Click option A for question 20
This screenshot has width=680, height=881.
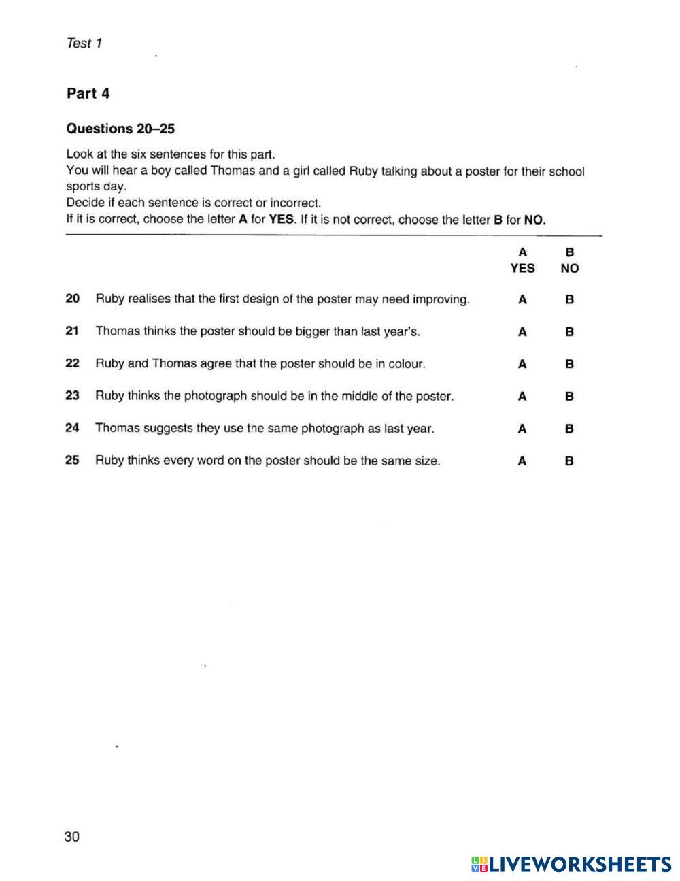(522, 299)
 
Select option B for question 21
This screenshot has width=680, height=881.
(569, 332)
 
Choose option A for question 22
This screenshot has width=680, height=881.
(522, 364)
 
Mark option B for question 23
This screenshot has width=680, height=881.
(569, 396)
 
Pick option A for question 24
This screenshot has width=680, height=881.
(522, 429)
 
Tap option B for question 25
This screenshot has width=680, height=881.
(569, 461)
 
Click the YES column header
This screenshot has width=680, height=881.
(522, 268)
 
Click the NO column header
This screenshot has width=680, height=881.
(570, 268)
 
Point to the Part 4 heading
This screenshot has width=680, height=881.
(88, 94)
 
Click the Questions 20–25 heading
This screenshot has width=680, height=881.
(120, 129)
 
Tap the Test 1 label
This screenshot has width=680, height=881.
(84, 44)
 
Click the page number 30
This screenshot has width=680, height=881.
(72, 836)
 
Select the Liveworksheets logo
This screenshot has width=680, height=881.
(571, 864)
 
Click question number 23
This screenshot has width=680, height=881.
(73, 395)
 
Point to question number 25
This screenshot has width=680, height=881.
(73, 460)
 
